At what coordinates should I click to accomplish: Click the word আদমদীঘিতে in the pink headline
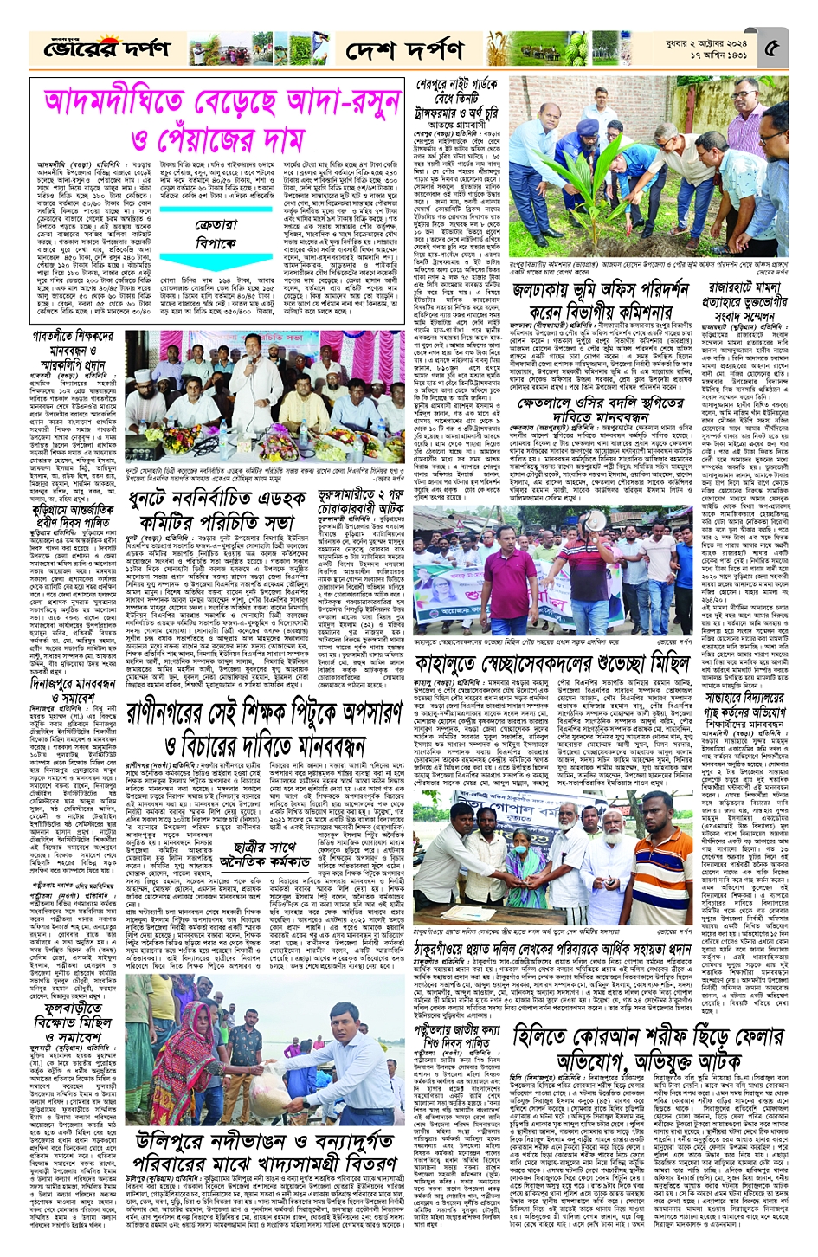pos(131,102)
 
